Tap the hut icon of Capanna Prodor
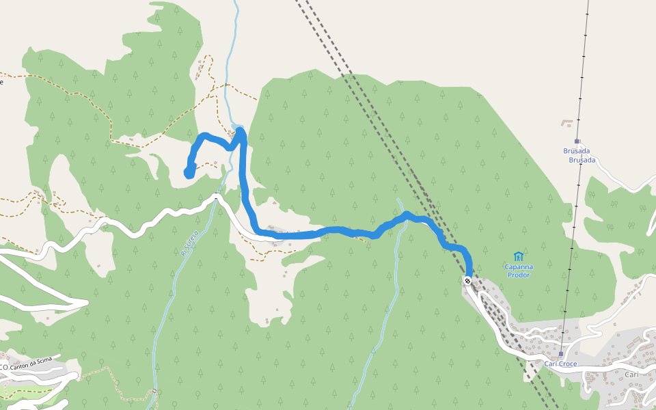tap(518, 257)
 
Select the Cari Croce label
tap(560, 364)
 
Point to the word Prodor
tap(518, 275)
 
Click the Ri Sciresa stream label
tap(191, 243)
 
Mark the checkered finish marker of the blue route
tap(467, 280)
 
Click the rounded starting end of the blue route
tap(189, 174)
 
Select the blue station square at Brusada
tap(577, 141)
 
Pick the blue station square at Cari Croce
tap(560, 354)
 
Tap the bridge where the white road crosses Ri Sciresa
tap(216, 197)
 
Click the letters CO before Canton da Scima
tap(3, 367)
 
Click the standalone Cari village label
tap(631, 374)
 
